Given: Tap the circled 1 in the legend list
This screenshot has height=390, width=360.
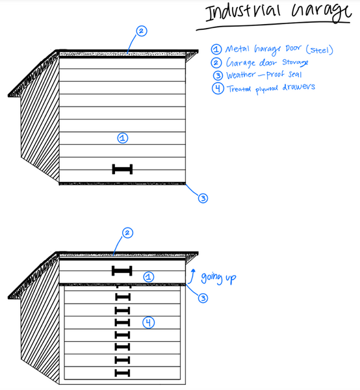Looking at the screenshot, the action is click(216, 49).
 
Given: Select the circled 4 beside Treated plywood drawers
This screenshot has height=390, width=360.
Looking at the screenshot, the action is click(218, 88).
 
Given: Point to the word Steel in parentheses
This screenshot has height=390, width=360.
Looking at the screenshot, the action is click(320, 50).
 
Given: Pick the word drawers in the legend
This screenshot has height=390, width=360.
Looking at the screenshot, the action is click(298, 87).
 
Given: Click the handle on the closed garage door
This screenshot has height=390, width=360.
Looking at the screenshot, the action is click(122, 169).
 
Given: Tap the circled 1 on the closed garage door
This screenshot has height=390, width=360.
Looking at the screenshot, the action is click(123, 138).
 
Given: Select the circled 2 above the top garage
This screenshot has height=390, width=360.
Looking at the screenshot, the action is click(142, 31).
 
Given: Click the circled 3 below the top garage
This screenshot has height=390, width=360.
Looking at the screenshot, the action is click(203, 198).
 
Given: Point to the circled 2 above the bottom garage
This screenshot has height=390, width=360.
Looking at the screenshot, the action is click(127, 233).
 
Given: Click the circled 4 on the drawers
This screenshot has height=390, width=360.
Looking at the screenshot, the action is click(148, 322).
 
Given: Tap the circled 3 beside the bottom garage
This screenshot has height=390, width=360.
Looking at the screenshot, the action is click(203, 298).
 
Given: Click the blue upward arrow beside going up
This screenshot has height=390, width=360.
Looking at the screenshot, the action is click(192, 276).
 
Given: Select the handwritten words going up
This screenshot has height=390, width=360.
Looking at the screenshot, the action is click(218, 278).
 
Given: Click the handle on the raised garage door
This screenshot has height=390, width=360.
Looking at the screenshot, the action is click(122, 270).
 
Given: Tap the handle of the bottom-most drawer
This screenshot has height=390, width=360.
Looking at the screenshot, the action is click(122, 373).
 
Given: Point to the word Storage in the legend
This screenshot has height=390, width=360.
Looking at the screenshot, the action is click(295, 62).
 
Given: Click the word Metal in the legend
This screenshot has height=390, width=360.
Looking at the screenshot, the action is click(237, 49).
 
